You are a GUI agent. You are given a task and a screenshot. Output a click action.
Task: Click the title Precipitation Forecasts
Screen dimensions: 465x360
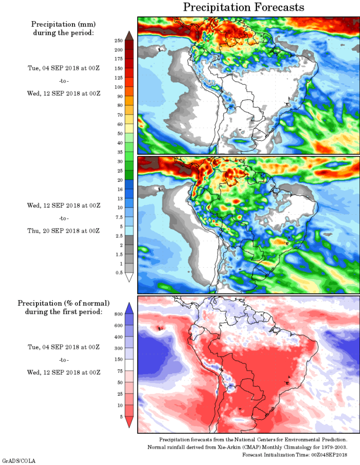point(244,7)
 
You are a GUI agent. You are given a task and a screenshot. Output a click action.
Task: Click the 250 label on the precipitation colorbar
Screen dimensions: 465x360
point(118,40)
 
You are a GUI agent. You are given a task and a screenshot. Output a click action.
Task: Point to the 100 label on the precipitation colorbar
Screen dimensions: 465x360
point(118,87)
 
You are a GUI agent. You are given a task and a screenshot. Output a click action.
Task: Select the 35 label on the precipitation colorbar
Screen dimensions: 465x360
point(118,152)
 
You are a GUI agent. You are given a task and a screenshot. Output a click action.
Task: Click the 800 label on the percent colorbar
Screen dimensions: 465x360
point(118,313)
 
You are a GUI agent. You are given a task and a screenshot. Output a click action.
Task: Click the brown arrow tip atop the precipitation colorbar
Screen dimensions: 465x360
point(129,34)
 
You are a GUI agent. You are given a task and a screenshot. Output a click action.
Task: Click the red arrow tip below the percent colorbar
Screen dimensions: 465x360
point(129,423)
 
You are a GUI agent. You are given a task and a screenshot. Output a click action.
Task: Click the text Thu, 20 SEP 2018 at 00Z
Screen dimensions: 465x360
point(64,231)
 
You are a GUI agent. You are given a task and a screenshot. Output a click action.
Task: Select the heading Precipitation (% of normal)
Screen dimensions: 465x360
point(64,303)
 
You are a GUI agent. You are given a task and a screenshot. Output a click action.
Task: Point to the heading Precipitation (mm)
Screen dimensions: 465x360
point(64,24)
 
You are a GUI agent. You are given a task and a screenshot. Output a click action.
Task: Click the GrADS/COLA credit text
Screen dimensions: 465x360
point(19,461)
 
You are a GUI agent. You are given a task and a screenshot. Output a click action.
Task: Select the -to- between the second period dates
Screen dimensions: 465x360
point(64,218)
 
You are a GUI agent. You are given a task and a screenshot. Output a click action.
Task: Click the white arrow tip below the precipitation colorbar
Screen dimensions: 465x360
point(129,278)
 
